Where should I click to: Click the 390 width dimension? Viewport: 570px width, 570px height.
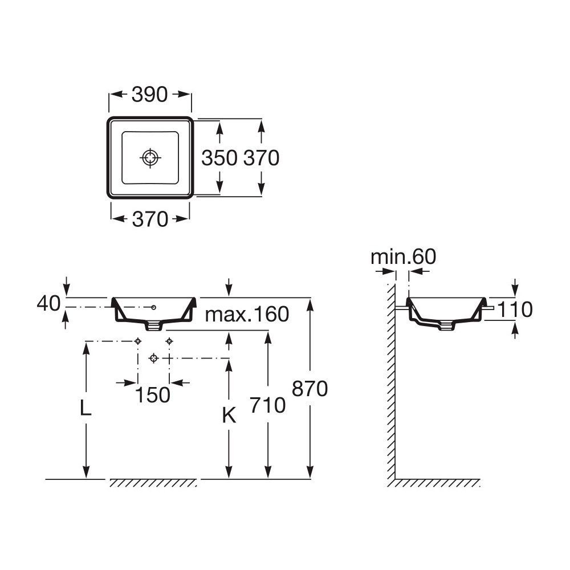click(x=150, y=95)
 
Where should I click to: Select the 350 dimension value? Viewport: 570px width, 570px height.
click(x=219, y=158)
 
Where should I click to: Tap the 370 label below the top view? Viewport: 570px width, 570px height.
click(x=150, y=219)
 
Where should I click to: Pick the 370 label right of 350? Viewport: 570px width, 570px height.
click(x=262, y=158)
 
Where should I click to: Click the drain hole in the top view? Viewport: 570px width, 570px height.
click(x=150, y=158)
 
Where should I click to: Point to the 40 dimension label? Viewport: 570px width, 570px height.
click(x=48, y=303)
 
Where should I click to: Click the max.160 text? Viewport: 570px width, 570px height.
click(x=247, y=314)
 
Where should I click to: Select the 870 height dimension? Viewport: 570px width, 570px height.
click(x=310, y=389)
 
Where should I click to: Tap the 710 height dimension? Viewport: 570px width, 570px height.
click(x=267, y=405)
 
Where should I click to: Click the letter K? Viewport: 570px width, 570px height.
click(x=229, y=415)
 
